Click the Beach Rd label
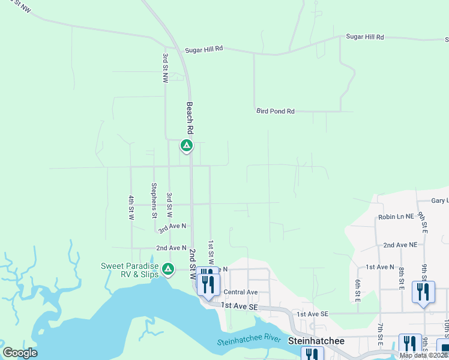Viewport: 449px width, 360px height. click(x=190, y=118)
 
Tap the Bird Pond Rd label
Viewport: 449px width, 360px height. click(x=276, y=111)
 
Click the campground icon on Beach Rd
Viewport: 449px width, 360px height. click(x=187, y=145)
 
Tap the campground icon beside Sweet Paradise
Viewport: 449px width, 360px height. click(x=169, y=268)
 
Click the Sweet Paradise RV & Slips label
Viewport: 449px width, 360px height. click(x=130, y=270)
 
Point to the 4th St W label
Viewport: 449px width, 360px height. click(x=130, y=206)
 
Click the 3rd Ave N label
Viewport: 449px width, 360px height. click(x=172, y=227)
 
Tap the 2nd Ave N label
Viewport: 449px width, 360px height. click(x=171, y=247)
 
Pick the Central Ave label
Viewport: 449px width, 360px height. click(x=240, y=292)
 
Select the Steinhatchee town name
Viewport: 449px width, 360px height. click(x=316, y=340)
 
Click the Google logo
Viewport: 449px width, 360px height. click(x=20, y=353)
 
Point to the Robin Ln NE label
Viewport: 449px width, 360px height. click(x=396, y=217)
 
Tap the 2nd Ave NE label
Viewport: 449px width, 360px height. click(x=400, y=245)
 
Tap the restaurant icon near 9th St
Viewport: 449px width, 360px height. click(x=423, y=292)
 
